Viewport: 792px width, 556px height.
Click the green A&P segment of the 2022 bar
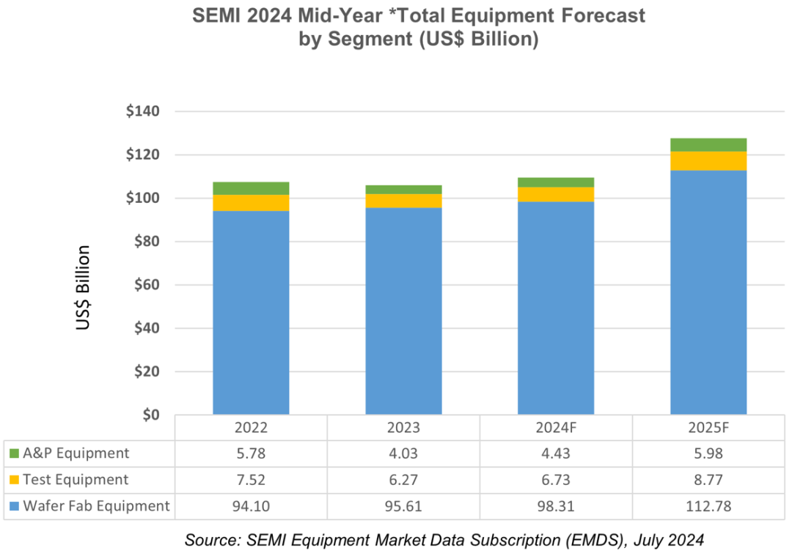tap(251, 188)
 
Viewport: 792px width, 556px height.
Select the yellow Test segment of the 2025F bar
tap(708, 161)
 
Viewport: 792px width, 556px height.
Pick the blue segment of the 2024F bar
tap(556, 308)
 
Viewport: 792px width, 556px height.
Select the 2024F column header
tap(556, 429)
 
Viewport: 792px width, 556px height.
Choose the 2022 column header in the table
tap(251, 429)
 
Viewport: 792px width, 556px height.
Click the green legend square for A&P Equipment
tap(14, 454)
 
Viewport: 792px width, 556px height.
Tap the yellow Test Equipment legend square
tap(14, 481)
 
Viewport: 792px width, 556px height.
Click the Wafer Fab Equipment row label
tap(96, 506)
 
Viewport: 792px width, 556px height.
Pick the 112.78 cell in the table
tap(708, 506)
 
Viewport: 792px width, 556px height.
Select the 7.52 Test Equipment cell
tap(251, 480)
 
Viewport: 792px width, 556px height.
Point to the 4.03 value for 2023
tap(403, 453)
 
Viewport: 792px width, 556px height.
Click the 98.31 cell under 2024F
tap(556, 506)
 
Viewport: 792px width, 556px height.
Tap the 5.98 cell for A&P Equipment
tap(708, 453)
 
